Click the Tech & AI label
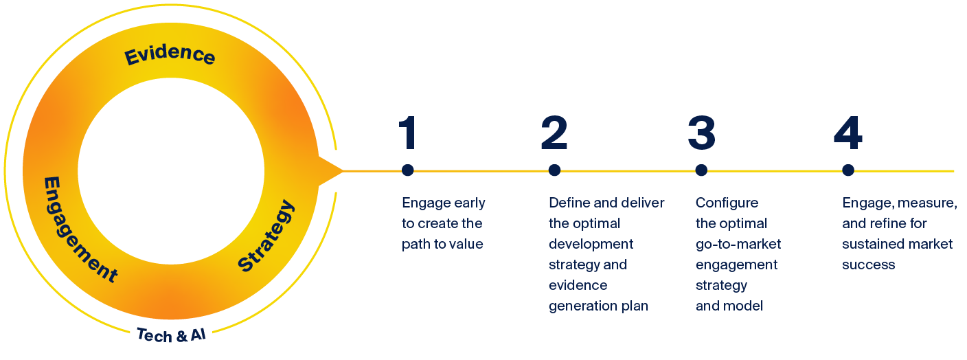(x=171, y=335)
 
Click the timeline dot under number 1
(x=408, y=170)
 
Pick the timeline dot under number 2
(x=554, y=170)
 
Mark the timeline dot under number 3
(x=701, y=170)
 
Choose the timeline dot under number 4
(x=847, y=170)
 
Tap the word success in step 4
(x=869, y=265)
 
